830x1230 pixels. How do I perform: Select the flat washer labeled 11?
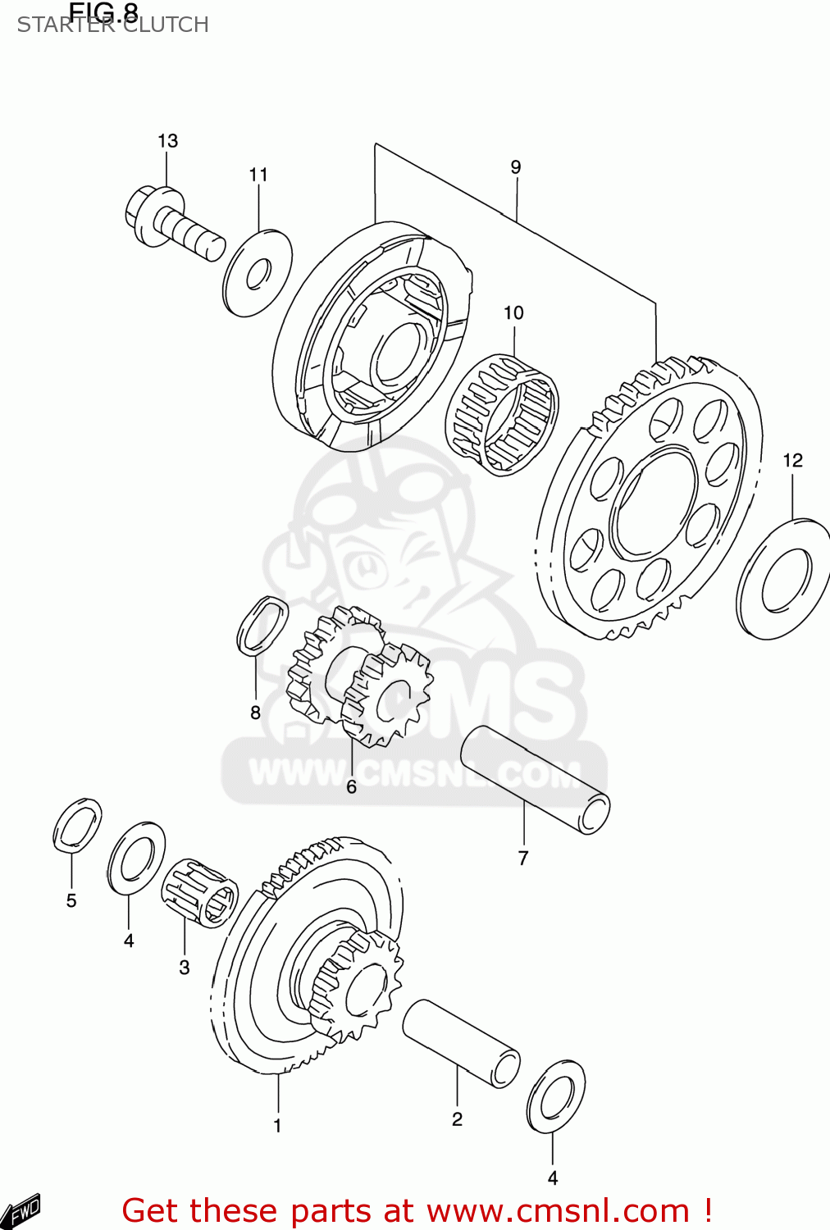pos(257,273)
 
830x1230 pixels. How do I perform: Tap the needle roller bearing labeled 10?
pos(501,414)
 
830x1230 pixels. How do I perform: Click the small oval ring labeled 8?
pos(262,625)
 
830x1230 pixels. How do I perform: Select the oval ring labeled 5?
pos(77,825)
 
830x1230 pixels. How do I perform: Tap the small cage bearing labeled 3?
pos(199,893)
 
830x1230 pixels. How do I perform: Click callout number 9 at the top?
pos(515,167)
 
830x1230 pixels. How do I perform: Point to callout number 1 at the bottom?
pos(277,1126)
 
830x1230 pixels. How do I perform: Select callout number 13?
pos(167,141)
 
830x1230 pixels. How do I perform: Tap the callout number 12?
pos(792,461)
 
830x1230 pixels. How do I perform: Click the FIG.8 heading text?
pos(103,11)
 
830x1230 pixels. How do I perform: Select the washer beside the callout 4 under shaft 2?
pos(556,1096)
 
